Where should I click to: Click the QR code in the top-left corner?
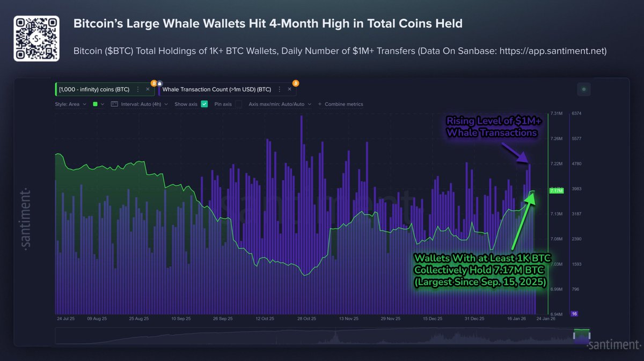click(x=36, y=38)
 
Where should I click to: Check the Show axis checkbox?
click(x=204, y=104)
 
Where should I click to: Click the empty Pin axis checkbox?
click(x=238, y=104)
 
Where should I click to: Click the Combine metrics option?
click(x=343, y=104)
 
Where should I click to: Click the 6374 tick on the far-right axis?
click(x=577, y=114)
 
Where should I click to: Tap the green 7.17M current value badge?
click(x=556, y=190)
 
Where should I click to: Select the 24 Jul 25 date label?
click(x=66, y=318)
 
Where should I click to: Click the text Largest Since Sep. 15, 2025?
click(x=480, y=281)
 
